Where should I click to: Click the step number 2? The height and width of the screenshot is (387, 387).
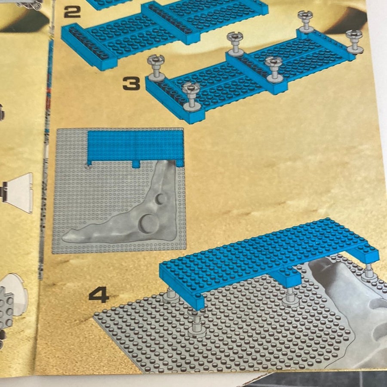72,12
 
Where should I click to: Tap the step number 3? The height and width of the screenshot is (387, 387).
132,83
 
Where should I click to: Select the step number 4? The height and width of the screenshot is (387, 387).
99,295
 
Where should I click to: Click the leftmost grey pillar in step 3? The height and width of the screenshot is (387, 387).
156,68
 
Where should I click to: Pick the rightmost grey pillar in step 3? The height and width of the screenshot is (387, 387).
355,41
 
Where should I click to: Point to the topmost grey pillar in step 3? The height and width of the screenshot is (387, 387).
306,21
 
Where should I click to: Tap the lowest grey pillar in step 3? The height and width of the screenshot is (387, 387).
191,96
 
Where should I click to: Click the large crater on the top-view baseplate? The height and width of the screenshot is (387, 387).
147,224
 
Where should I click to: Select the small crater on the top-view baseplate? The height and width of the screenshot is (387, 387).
161,199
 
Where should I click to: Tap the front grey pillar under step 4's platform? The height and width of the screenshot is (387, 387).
197,322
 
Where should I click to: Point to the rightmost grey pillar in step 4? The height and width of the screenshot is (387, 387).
369,273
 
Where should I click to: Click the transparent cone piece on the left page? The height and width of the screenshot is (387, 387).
17,193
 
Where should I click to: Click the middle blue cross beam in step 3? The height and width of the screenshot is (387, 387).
257,74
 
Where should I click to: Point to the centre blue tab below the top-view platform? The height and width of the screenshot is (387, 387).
136,164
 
